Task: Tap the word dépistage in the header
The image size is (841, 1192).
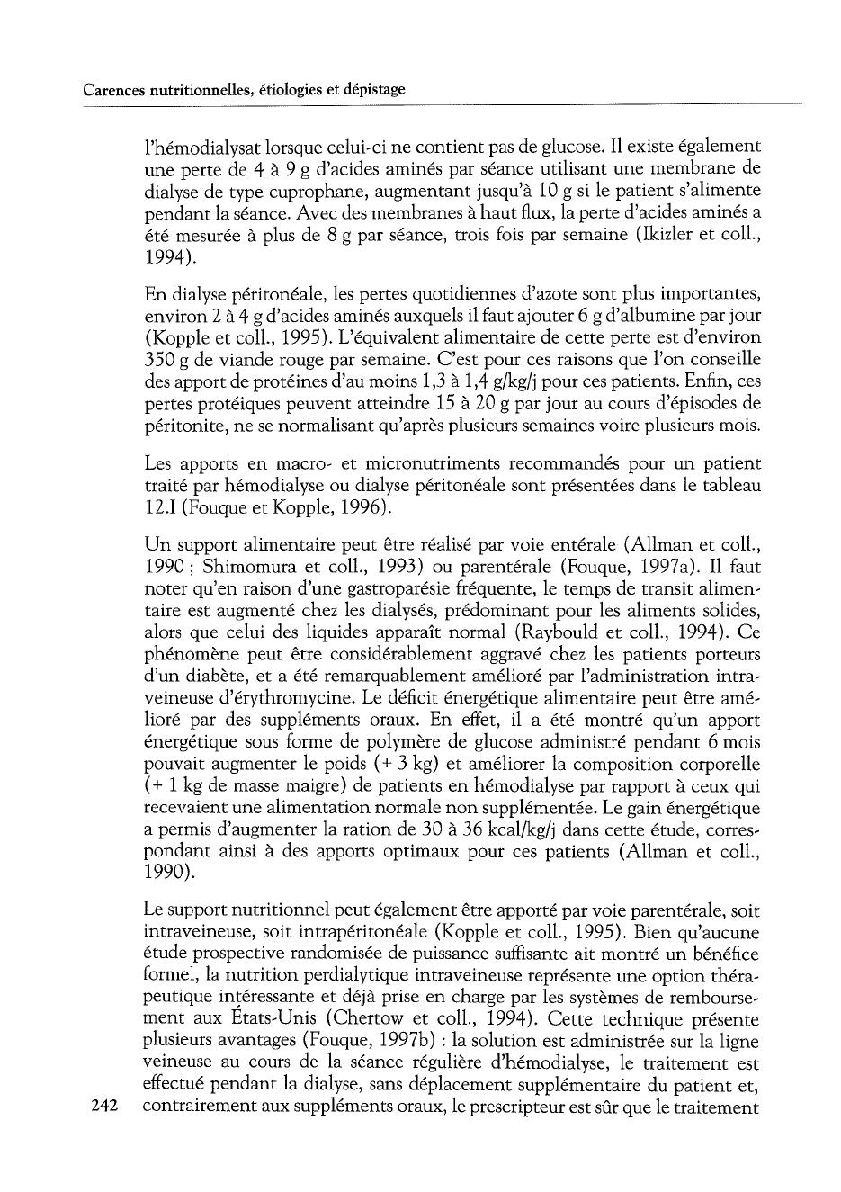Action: (x=370, y=90)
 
